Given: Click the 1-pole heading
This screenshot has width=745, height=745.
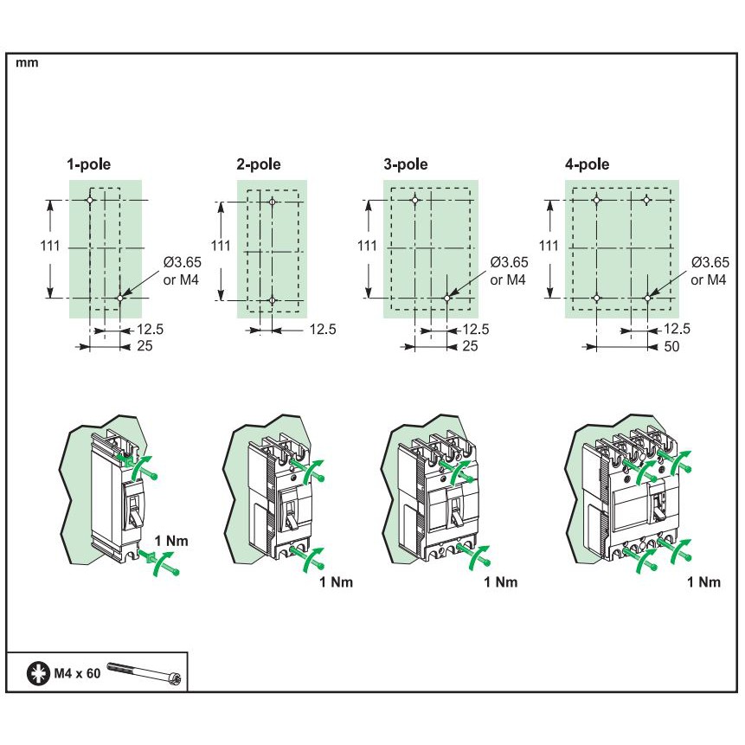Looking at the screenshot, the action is [x=89, y=164].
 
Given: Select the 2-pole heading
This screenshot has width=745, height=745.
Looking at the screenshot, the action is [x=259, y=164].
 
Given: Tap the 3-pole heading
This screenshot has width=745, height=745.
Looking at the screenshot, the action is [x=406, y=164].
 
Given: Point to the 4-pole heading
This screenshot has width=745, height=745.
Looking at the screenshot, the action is [x=587, y=164].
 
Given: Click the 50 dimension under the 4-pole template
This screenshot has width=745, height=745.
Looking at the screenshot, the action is [x=671, y=346].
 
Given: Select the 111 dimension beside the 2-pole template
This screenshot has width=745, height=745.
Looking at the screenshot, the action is [x=221, y=246].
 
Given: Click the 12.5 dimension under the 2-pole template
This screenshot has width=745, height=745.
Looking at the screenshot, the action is [x=323, y=330].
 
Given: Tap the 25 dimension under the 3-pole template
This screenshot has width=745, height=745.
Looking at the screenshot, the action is [x=470, y=346].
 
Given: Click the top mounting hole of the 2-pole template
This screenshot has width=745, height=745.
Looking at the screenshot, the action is [x=273, y=202].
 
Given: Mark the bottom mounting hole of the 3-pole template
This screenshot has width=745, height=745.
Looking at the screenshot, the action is [x=447, y=298].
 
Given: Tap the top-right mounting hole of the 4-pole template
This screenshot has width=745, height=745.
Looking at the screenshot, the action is [x=646, y=200].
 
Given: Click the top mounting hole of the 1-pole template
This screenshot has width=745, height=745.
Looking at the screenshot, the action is [x=90, y=201].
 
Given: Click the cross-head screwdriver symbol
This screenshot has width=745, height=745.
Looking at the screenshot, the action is [x=38, y=673].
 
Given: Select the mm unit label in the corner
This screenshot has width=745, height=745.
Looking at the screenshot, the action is [x=27, y=62].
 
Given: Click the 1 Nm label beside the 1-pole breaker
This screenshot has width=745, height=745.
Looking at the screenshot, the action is [x=171, y=541].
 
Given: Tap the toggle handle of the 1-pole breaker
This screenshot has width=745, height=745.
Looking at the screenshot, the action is [x=134, y=509].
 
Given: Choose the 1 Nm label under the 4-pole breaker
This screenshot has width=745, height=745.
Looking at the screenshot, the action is [x=704, y=582].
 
